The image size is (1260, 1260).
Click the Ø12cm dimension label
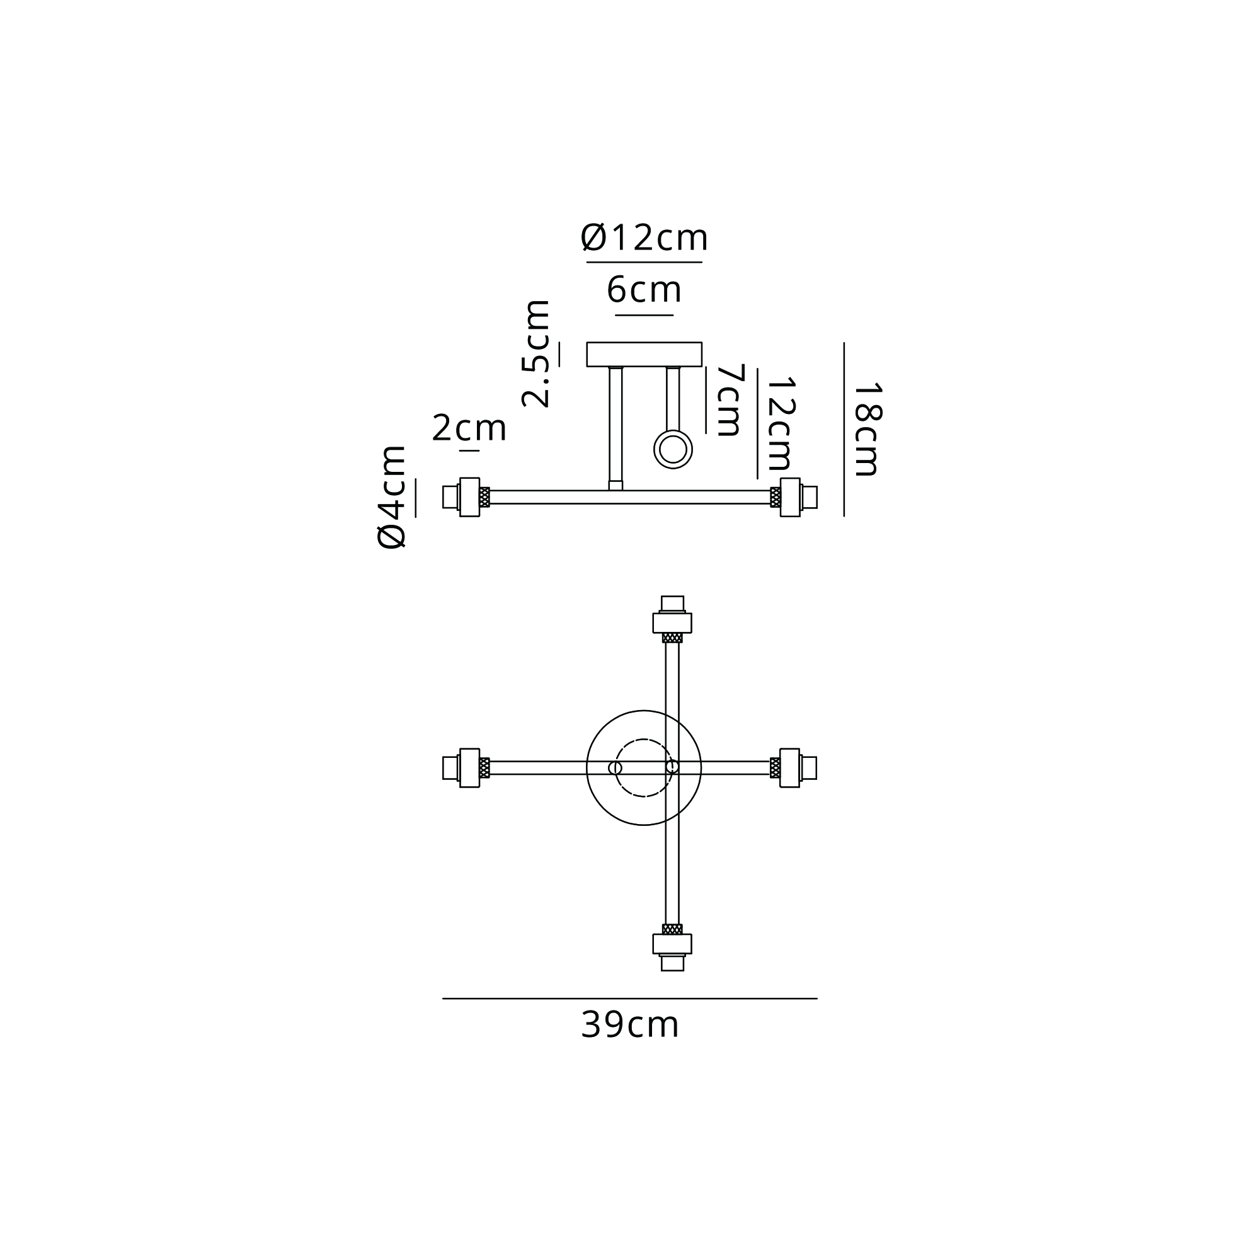pos(644,238)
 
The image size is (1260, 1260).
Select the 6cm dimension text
pos(644,290)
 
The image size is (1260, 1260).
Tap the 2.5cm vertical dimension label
pos(536,354)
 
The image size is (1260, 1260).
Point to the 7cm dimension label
pos(730,400)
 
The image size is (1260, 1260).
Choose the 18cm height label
pos(867,429)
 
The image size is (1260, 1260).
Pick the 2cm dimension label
pos(469,428)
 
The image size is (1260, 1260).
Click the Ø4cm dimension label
pos(392,497)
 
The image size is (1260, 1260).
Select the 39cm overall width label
pos(630,1025)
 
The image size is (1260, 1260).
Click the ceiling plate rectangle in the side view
pos(644,354)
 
